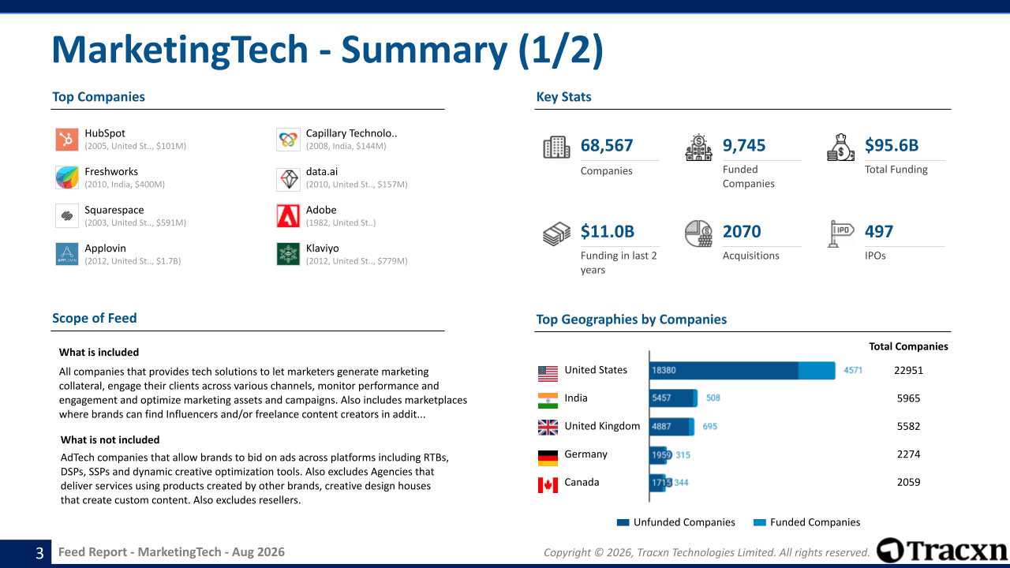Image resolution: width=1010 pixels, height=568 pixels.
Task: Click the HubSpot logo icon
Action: (x=67, y=140)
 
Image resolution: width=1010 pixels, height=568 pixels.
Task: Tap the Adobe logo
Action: (x=288, y=216)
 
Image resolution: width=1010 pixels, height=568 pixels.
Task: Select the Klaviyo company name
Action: (x=323, y=248)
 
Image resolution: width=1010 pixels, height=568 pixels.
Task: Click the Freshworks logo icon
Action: (x=67, y=177)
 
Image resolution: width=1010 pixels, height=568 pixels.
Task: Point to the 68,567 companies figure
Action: (x=607, y=145)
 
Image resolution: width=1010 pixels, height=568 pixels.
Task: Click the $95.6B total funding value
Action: (x=892, y=145)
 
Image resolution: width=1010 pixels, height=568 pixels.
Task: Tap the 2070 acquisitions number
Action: (x=742, y=231)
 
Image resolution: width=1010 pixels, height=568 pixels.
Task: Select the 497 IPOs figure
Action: (x=878, y=231)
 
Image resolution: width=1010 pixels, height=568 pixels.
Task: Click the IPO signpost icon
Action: (x=840, y=234)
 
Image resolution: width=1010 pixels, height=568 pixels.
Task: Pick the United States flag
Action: (x=548, y=374)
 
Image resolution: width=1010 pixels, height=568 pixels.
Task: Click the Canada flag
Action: (x=548, y=485)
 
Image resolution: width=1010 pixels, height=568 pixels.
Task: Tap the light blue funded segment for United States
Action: (x=817, y=371)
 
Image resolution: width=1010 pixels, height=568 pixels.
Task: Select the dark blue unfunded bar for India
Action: (x=671, y=398)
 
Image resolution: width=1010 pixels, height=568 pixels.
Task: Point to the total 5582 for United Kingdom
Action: (x=908, y=427)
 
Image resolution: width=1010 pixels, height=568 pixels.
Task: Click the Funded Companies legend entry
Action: (x=806, y=522)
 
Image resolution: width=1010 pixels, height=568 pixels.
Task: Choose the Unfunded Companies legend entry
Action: (x=676, y=522)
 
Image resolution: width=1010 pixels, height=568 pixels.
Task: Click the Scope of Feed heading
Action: (x=94, y=318)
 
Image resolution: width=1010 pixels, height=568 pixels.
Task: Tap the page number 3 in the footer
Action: (x=39, y=553)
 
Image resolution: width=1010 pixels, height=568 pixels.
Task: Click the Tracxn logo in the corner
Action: (x=941, y=551)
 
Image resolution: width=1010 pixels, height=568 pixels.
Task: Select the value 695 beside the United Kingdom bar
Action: (x=709, y=427)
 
